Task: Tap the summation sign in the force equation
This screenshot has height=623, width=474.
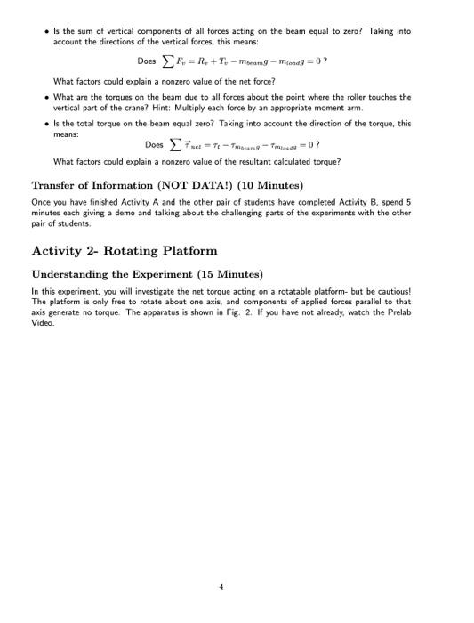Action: point(166,61)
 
